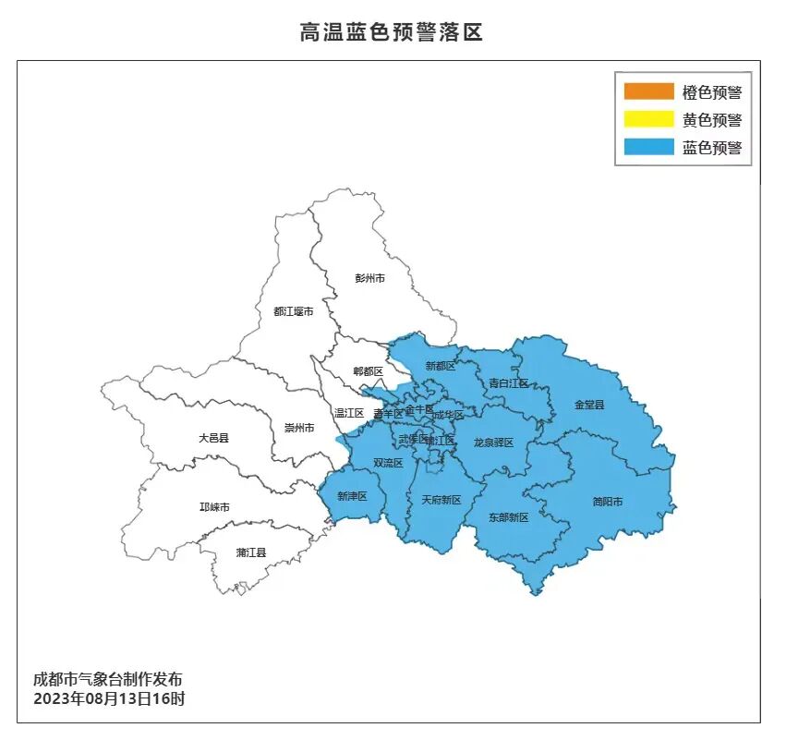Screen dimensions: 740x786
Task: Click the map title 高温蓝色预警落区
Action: [x=392, y=33]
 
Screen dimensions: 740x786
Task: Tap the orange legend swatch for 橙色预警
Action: [x=648, y=91]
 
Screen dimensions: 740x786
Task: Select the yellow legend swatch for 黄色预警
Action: [x=648, y=119]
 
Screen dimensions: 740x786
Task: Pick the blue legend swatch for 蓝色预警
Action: [x=648, y=147]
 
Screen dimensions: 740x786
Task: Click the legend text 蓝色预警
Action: [x=712, y=147]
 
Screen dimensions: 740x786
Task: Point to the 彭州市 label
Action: [x=369, y=278]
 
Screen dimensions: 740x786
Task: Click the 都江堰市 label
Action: [x=293, y=311]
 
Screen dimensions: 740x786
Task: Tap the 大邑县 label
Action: [x=213, y=438]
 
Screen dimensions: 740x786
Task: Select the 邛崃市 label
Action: [x=214, y=507]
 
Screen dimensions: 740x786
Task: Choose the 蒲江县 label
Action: [x=250, y=552]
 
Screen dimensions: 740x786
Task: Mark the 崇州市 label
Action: [x=299, y=428]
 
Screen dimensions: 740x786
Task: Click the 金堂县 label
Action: [x=588, y=405]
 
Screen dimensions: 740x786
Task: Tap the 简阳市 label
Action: [x=607, y=502]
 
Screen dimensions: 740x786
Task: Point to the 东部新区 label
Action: [x=508, y=517]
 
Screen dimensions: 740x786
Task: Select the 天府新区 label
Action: [x=441, y=500]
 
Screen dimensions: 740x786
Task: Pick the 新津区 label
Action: [x=352, y=496]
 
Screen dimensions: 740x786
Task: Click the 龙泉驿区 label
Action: [x=493, y=443]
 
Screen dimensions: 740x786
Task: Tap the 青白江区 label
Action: [x=508, y=382]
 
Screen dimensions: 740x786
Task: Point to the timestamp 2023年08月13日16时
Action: [x=109, y=698]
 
